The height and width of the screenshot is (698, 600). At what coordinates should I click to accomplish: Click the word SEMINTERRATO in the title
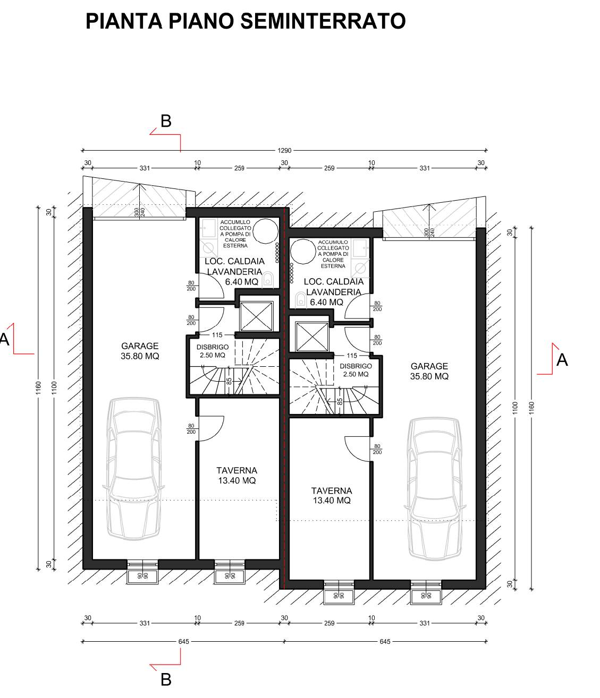[x=323, y=21]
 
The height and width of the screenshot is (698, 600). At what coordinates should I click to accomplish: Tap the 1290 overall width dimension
[x=284, y=151]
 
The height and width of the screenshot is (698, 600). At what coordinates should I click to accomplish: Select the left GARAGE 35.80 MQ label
[x=140, y=351]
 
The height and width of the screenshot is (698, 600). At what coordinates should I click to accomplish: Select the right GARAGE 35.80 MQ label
[x=429, y=371]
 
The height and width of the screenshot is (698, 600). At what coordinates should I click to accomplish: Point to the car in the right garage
[x=435, y=489]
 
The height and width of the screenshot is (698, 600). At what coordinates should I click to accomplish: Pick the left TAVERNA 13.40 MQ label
[x=236, y=476]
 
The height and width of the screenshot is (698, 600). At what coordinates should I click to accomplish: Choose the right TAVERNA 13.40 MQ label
[x=332, y=495]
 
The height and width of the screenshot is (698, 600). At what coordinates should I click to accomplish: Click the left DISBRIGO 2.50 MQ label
[x=212, y=351]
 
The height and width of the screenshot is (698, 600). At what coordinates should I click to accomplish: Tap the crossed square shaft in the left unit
[x=256, y=316]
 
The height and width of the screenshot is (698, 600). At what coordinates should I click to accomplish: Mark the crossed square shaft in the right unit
[x=311, y=337]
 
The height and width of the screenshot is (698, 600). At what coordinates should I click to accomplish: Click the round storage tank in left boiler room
[x=266, y=231]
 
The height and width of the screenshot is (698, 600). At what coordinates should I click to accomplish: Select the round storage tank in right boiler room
[x=303, y=252]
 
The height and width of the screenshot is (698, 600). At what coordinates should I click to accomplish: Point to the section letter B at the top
[x=166, y=121]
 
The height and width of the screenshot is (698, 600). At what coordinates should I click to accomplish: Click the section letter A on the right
[x=562, y=360]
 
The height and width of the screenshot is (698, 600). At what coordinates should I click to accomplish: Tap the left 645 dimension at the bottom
[x=183, y=641]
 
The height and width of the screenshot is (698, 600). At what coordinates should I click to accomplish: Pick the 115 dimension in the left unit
[x=217, y=335]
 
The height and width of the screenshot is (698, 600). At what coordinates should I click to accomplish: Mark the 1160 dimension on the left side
[x=38, y=387]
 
